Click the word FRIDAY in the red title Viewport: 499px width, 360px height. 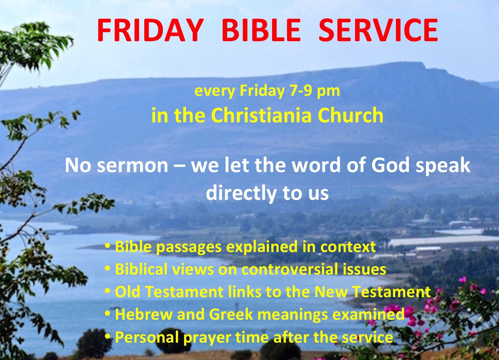150,30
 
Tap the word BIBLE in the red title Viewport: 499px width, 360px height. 261,30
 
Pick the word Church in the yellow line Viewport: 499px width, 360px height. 350,115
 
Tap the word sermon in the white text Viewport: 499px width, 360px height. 133,166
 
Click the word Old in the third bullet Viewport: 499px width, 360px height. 127,292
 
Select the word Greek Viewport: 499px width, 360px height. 231,314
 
